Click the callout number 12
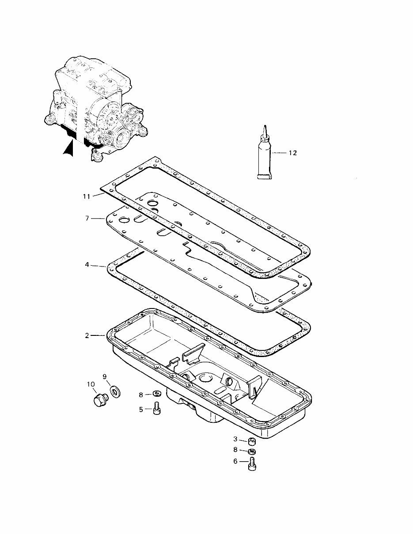pos(292,153)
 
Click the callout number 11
pos(87,196)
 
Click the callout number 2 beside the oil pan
pos(87,335)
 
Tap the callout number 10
pos(91,384)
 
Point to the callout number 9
pos(105,376)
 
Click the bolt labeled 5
pos(156,409)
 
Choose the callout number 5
pos(141,410)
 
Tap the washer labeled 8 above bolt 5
pos(156,394)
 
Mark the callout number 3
pos(235,439)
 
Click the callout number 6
pos(235,461)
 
